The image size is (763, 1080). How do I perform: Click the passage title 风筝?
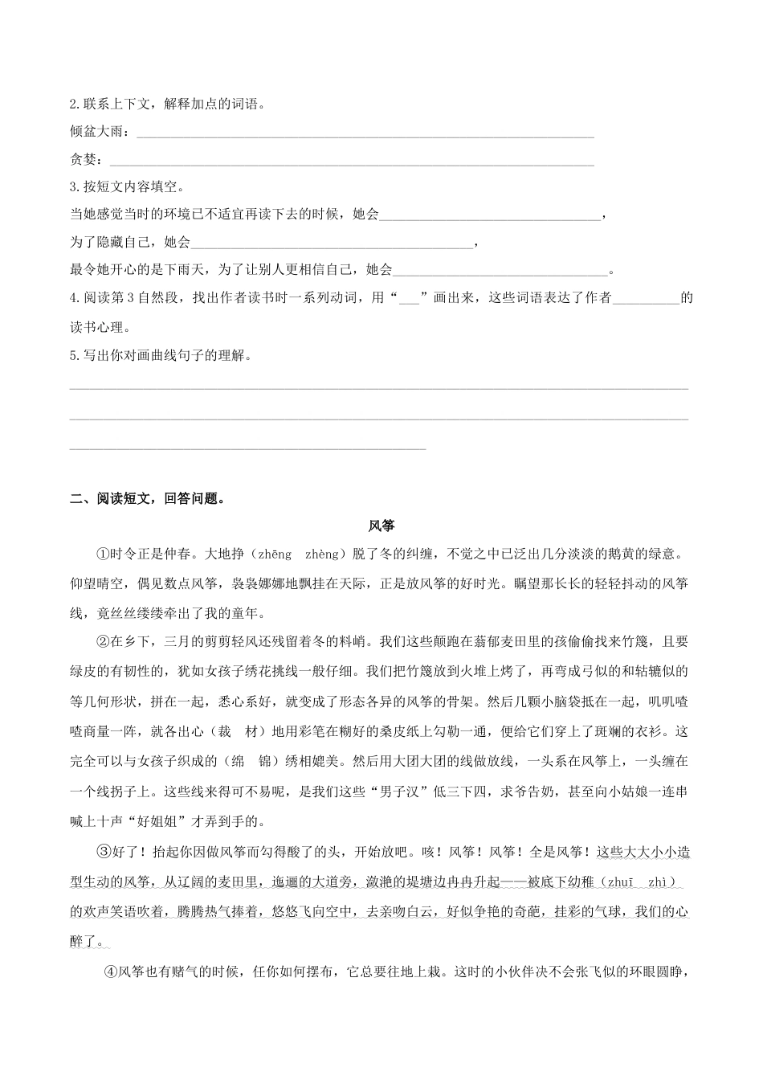381,526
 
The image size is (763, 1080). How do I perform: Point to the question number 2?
74,104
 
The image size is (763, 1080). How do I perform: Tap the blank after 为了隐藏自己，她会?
333,245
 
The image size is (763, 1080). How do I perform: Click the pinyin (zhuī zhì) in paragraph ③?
635,882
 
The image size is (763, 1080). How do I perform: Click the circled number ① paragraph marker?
103,554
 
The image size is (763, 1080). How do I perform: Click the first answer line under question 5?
379,389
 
